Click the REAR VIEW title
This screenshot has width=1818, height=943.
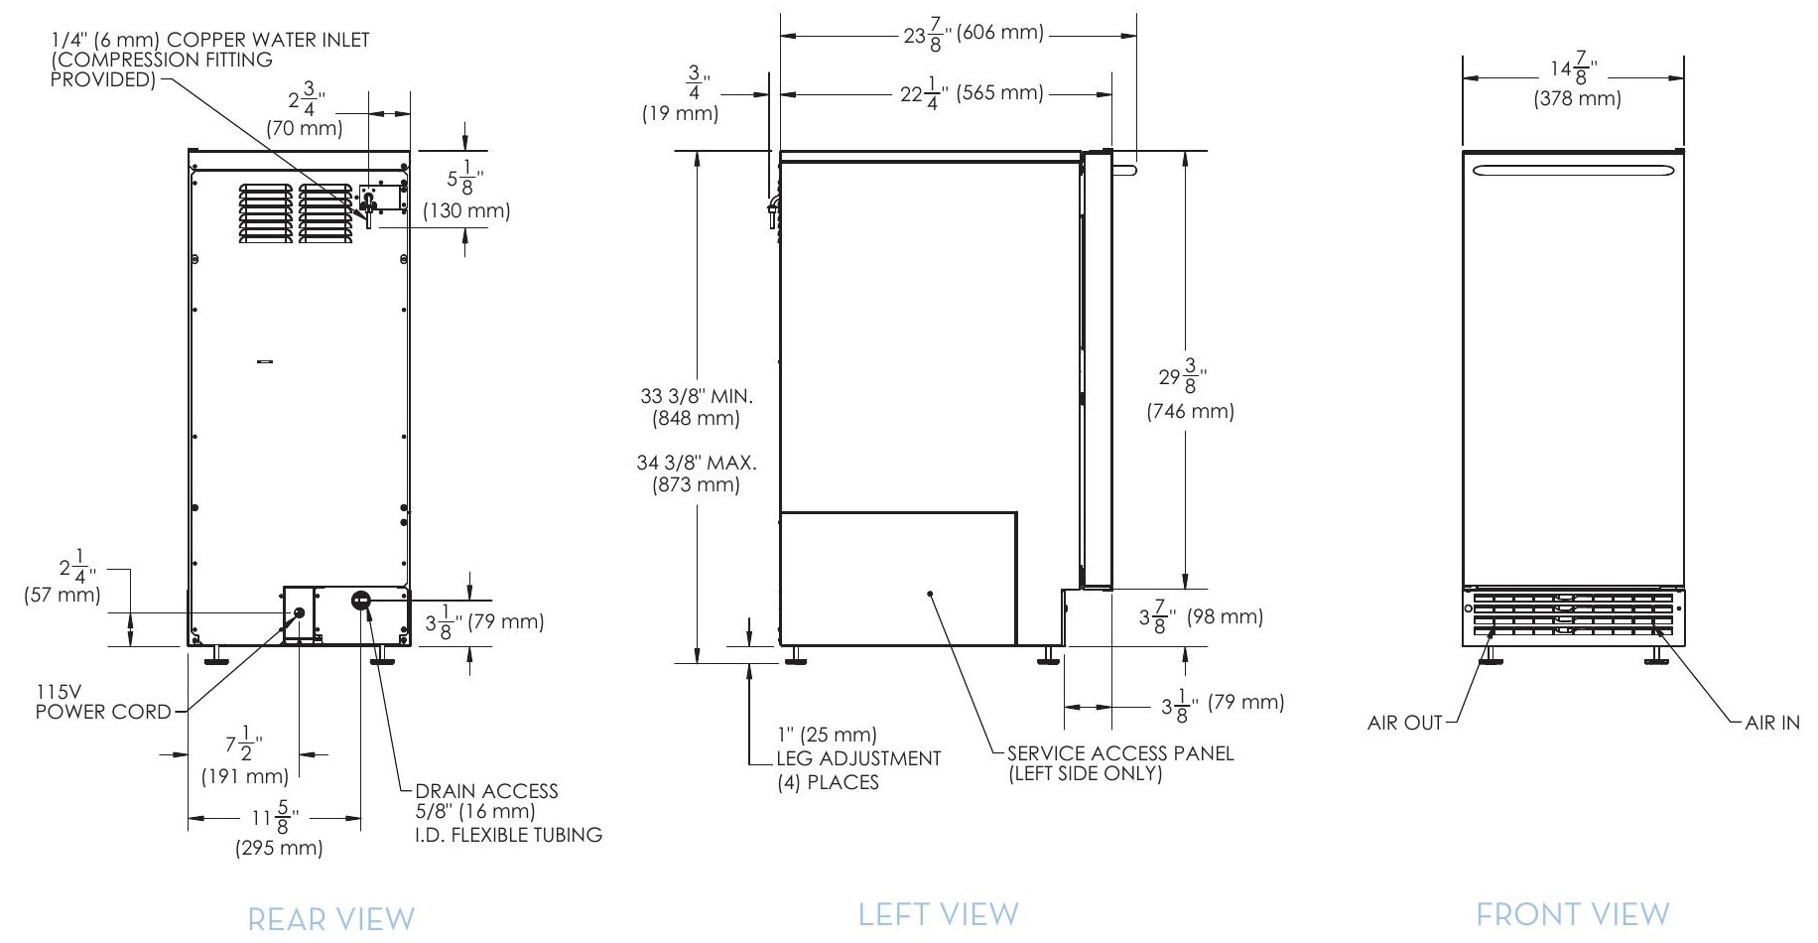330,919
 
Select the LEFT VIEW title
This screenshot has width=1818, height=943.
938,914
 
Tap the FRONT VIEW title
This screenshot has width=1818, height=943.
1572,914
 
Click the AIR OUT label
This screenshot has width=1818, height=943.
1404,723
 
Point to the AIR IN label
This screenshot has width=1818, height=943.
1771,723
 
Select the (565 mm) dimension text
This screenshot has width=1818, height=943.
1000,92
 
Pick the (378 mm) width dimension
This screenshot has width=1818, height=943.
1577,99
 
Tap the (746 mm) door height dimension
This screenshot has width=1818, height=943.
1190,411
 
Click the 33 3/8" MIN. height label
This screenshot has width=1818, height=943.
697,396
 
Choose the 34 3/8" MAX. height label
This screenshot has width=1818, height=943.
697,463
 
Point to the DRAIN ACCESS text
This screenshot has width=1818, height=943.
486,791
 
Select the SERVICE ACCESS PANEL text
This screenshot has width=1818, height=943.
1119,753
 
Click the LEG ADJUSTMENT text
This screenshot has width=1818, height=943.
858,758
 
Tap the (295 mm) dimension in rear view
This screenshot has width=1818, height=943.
279,848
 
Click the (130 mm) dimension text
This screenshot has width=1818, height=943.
466,210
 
